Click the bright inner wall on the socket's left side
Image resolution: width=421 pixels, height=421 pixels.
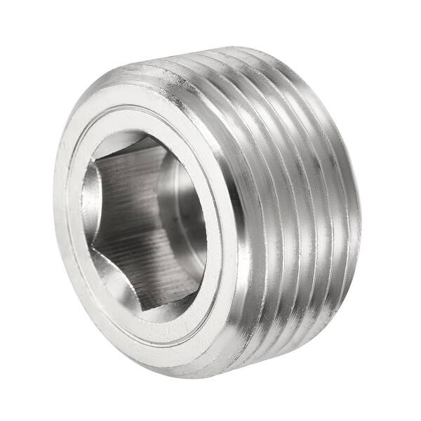pyautogui.click(x=89, y=210)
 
